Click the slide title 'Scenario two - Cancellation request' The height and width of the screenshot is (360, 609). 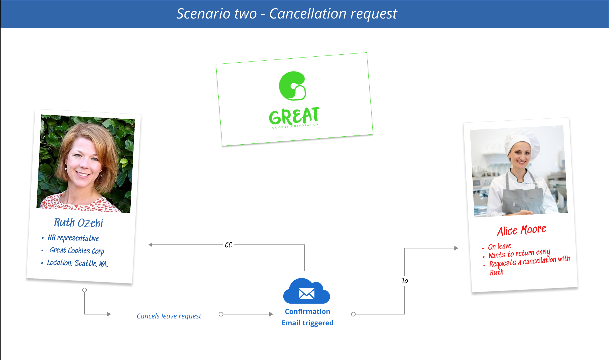[x=287, y=14]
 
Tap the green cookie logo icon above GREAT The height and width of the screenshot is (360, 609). [x=292, y=86]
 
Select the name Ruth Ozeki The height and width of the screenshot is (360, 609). [x=79, y=223]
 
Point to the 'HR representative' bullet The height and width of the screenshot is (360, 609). [x=73, y=238]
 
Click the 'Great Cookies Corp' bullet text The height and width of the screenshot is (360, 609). [x=77, y=250]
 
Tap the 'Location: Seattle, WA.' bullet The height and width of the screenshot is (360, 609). [x=77, y=263]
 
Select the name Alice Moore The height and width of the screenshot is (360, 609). [x=522, y=230]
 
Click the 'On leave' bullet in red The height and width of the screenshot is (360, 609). [x=500, y=246]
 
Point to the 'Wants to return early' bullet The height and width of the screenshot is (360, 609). [x=519, y=253]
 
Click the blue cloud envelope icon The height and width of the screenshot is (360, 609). [x=307, y=291]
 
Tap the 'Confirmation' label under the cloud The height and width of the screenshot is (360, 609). [x=307, y=312]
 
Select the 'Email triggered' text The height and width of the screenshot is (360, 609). [x=307, y=323]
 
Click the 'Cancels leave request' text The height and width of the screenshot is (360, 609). [x=169, y=316]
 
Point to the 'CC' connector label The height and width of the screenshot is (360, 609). [x=229, y=245]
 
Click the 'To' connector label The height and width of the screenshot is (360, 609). [x=405, y=281]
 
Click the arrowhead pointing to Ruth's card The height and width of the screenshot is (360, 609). [x=150, y=245]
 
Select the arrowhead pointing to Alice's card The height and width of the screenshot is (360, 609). [x=456, y=248]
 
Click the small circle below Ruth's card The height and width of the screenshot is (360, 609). [x=85, y=290]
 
